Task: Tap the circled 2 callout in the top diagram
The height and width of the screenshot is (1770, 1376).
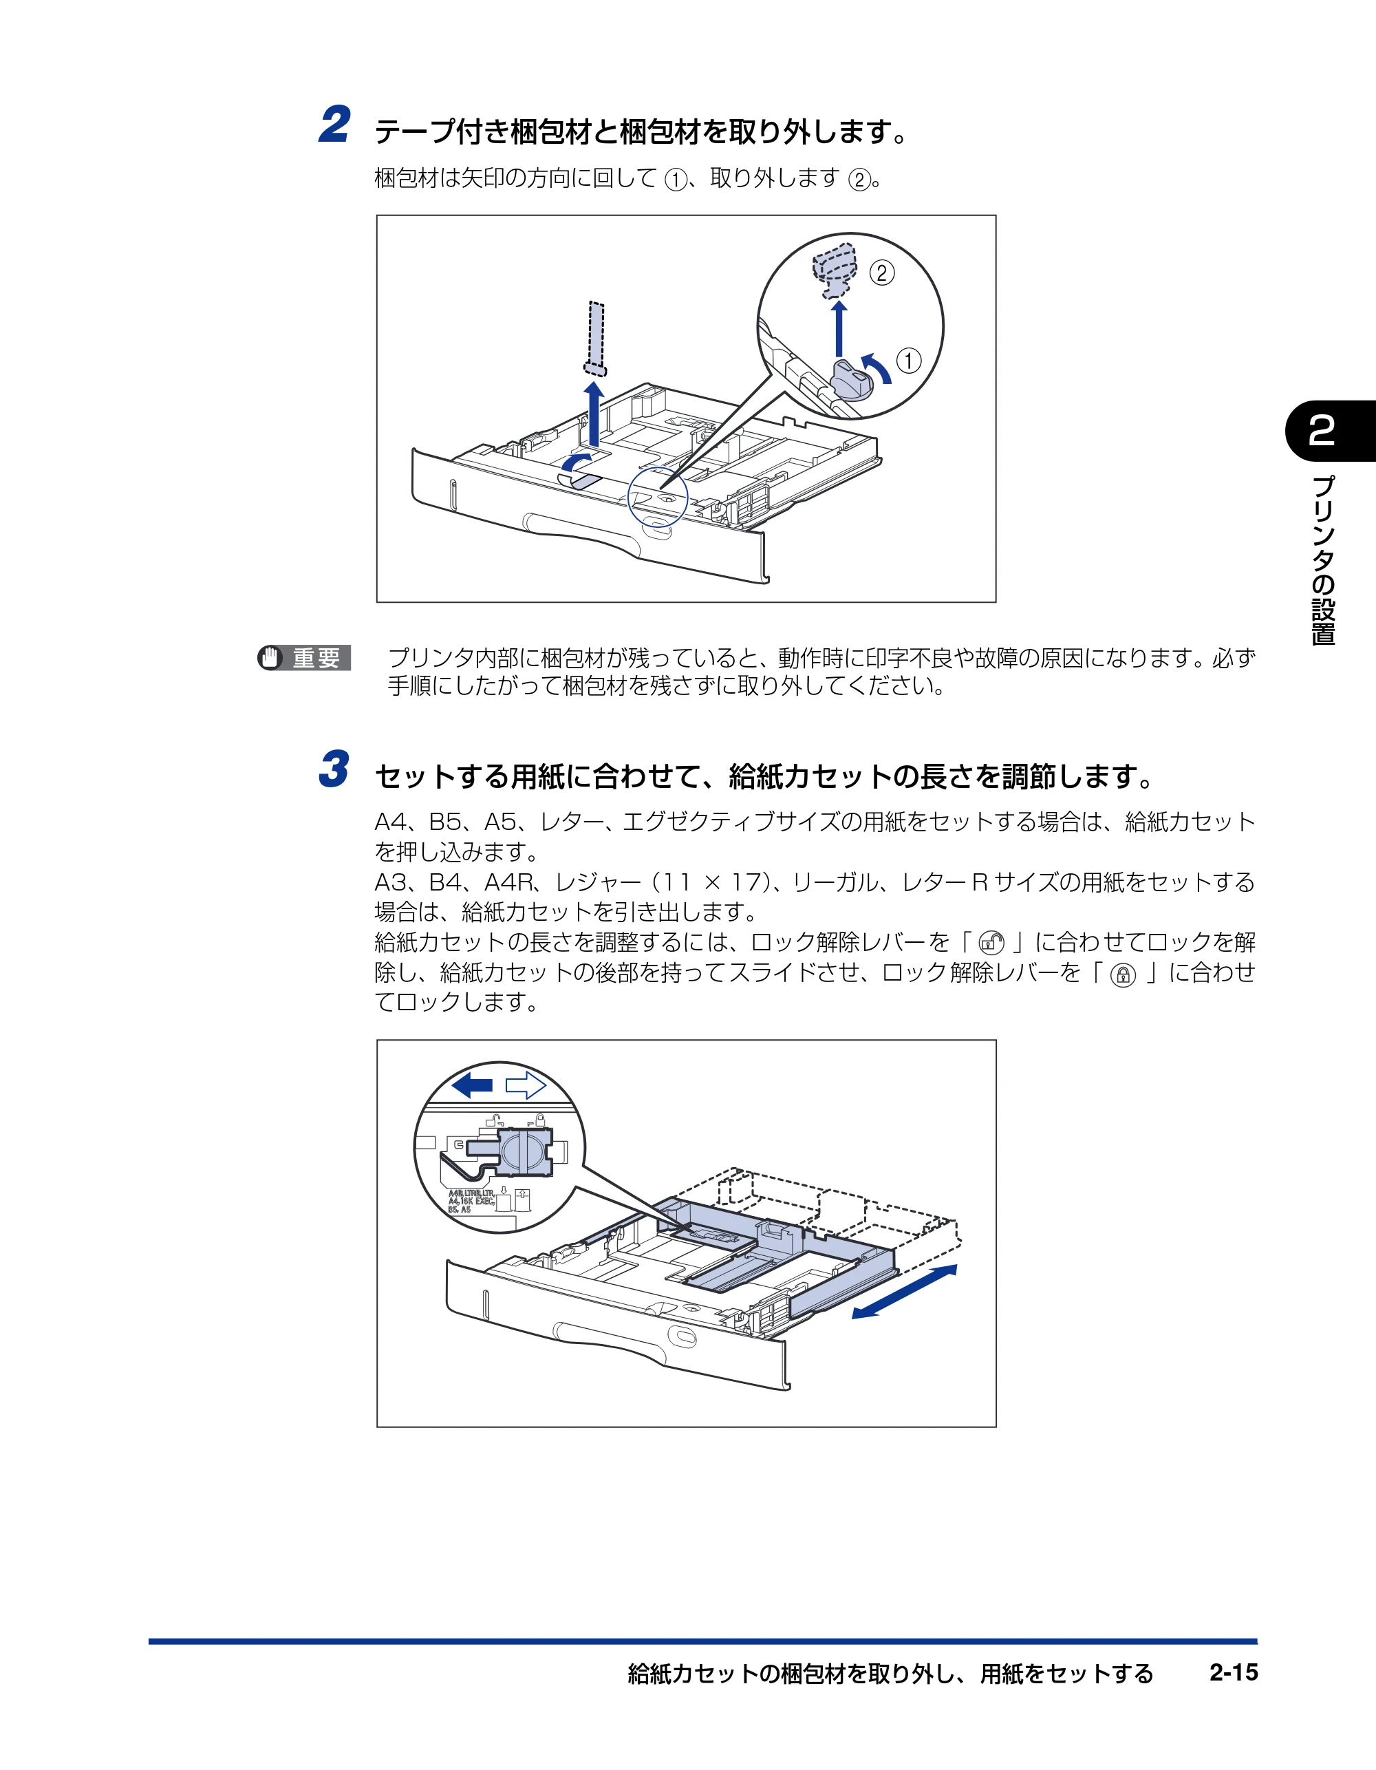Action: point(882,273)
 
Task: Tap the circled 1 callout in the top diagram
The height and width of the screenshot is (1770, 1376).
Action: point(908,361)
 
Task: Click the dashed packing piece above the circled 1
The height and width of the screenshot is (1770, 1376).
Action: point(835,269)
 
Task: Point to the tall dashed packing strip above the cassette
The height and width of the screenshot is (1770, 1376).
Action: point(596,339)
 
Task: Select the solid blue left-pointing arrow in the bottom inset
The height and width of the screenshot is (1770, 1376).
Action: point(473,1085)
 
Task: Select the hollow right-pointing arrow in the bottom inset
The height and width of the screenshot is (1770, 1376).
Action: point(526,1085)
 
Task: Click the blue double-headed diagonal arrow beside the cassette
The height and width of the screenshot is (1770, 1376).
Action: point(904,1292)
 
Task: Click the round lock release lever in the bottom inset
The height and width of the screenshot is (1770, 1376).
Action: point(524,1151)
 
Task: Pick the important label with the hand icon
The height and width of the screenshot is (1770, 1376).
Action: point(304,657)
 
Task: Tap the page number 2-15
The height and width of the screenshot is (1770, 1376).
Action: point(1234,1672)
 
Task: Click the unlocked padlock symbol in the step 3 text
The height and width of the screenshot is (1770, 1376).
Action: point(991,943)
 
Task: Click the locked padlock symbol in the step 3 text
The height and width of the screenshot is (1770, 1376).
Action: point(1122,975)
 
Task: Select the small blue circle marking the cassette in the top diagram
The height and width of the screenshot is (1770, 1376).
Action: point(657,497)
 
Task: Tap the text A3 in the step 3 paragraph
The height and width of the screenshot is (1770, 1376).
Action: point(391,882)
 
